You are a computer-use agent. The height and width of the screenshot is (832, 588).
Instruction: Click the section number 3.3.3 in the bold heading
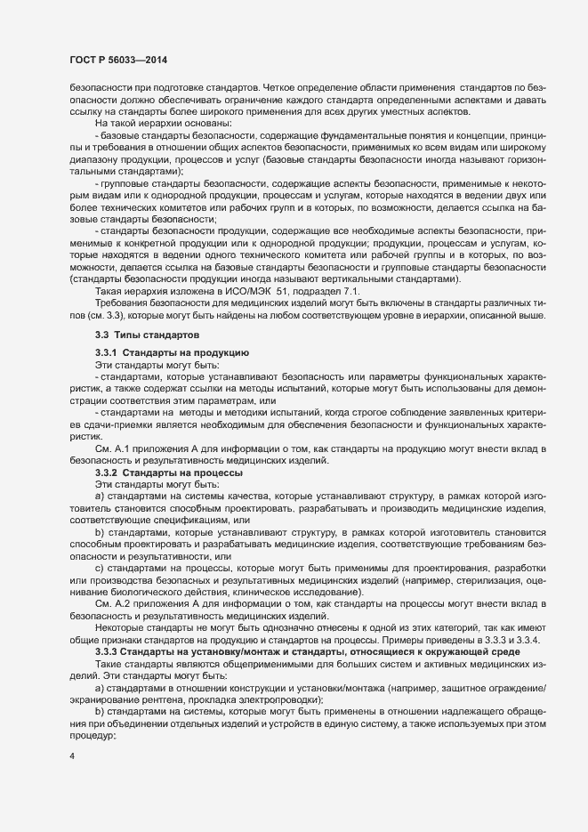pyautogui.click(x=109, y=628)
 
